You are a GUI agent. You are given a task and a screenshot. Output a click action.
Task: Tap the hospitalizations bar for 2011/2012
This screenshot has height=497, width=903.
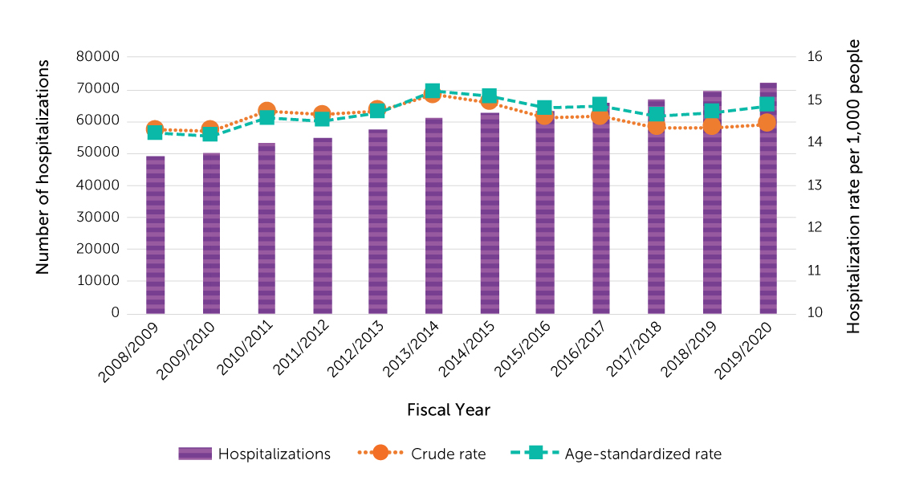coord(323,226)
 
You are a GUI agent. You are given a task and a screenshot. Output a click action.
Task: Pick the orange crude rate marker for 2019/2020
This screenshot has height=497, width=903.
coord(767,123)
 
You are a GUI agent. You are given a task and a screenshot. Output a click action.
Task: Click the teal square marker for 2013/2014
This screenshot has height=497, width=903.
coord(433,92)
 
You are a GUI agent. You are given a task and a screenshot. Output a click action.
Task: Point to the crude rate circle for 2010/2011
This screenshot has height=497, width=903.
coord(267,112)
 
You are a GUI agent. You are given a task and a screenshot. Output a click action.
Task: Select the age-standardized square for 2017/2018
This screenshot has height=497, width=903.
coord(657,115)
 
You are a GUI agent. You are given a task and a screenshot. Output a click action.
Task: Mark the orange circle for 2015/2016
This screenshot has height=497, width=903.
coord(545,117)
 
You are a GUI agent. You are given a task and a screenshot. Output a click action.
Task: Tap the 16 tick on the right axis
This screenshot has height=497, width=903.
coord(815,57)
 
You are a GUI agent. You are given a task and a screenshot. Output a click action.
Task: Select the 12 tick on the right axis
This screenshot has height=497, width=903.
coord(815,228)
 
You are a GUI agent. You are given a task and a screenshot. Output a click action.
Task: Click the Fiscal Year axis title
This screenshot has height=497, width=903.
coord(449,409)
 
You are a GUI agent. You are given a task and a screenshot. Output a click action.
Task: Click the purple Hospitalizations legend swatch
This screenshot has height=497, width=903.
coord(195,454)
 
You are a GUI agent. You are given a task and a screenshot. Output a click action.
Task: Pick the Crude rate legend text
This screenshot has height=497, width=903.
coord(448,454)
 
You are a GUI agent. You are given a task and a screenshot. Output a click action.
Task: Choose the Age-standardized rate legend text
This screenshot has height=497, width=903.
coord(643,454)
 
